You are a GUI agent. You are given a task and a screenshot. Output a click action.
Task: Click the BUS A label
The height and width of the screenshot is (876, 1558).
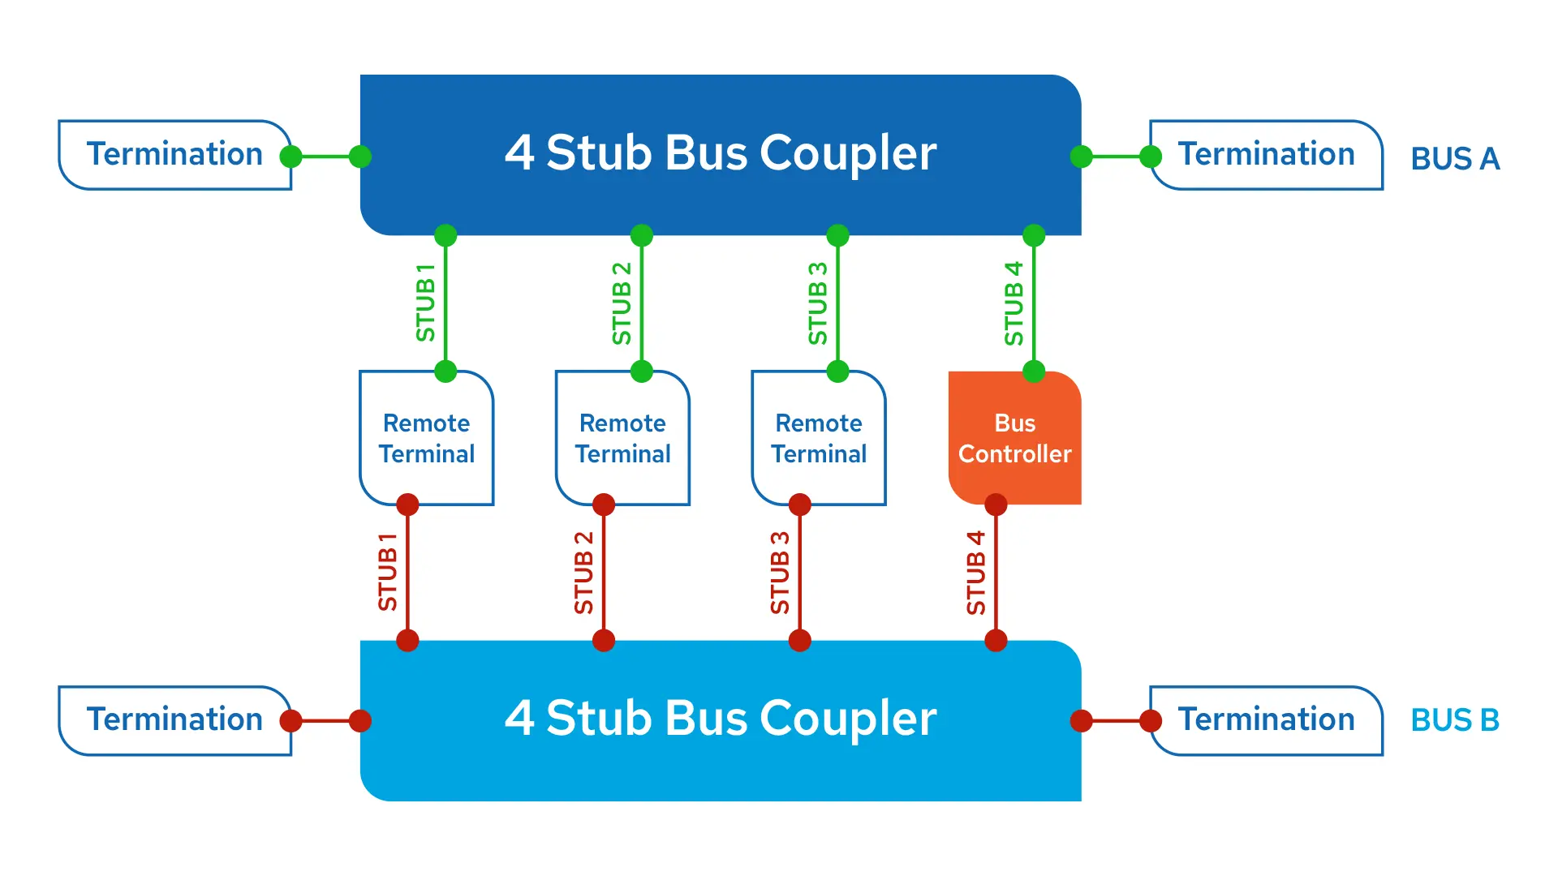[1454, 158]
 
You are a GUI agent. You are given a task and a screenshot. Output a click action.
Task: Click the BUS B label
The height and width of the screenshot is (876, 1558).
[1454, 720]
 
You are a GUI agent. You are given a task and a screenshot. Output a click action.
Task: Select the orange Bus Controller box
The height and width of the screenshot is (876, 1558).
[1014, 439]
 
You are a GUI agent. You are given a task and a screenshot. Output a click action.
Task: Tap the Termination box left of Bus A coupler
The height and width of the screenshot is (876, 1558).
[174, 154]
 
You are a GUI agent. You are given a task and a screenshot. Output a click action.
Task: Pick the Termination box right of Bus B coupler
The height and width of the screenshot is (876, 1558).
[1266, 720]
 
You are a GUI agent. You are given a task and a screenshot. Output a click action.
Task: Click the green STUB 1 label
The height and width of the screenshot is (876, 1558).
[425, 303]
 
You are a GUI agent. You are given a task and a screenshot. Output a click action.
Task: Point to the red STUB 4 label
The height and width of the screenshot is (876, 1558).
[975, 573]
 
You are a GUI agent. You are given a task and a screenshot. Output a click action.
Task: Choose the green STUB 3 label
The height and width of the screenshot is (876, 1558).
[817, 303]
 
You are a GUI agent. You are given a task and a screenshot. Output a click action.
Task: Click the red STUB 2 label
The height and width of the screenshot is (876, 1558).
[583, 573]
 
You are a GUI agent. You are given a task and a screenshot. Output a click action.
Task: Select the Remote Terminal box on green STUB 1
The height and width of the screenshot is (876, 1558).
[427, 439]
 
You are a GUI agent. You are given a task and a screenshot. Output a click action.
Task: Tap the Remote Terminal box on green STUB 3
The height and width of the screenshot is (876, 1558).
[819, 439]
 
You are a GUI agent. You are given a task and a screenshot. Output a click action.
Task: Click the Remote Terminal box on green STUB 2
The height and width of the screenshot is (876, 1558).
[622, 439]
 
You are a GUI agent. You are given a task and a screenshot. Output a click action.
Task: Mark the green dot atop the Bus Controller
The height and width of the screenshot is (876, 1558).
[1034, 371]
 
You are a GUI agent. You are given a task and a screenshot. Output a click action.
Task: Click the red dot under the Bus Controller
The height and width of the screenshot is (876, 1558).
[996, 505]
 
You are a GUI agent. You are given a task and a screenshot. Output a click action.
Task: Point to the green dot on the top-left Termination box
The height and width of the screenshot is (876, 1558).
[291, 157]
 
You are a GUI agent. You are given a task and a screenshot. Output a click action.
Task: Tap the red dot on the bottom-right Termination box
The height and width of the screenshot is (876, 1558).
[1151, 720]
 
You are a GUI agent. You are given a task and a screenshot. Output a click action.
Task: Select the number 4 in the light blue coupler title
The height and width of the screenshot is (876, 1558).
[519, 719]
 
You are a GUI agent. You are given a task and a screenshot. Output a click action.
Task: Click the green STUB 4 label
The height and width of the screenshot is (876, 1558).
[1014, 303]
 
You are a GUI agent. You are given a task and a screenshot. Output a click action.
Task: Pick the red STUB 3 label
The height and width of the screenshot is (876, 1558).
[779, 573]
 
